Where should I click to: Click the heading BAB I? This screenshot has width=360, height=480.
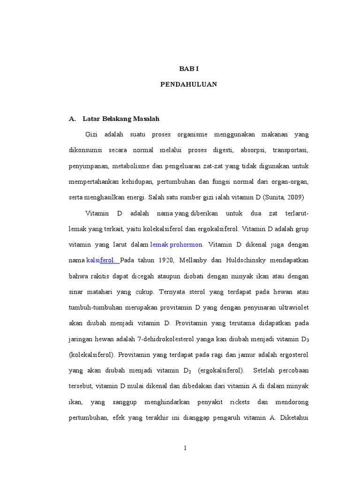coord(189,68)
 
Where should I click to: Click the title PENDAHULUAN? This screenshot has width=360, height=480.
coord(189,84)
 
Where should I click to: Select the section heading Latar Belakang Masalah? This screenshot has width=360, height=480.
coord(121,119)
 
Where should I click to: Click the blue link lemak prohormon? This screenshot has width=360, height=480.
coord(176,244)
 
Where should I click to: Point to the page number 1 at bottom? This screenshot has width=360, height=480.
coord(186,448)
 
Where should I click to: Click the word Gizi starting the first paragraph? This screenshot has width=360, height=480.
coord(91,135)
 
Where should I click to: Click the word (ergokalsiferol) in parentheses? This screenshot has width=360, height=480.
coord(221,370)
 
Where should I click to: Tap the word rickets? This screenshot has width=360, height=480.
coord(240,402)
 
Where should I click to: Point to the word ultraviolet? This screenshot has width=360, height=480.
coord(292,307)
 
